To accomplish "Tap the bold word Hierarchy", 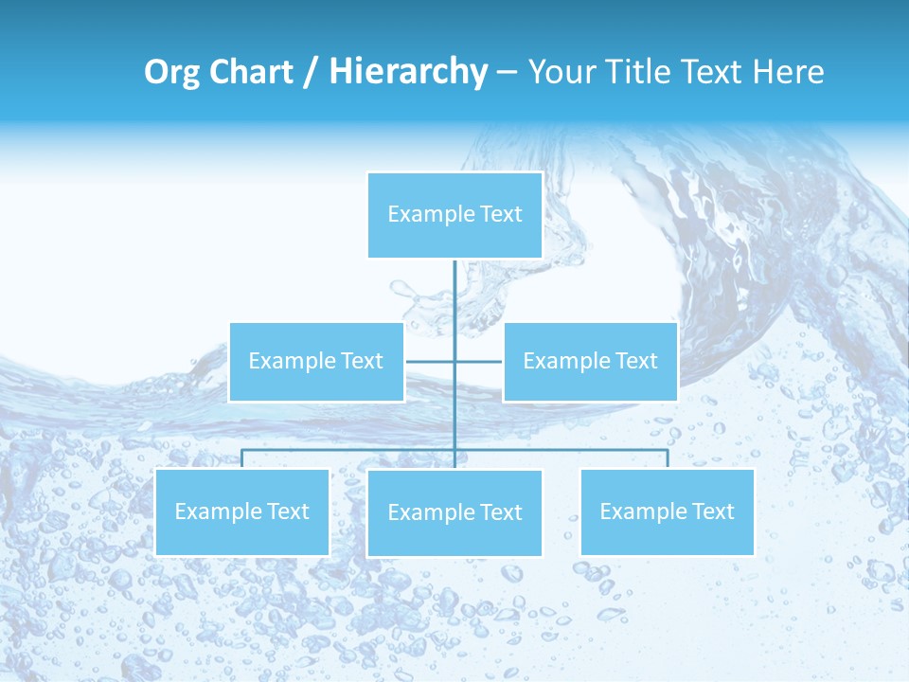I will click(x=408, y=72).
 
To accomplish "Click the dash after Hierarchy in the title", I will click(x=507, y=72).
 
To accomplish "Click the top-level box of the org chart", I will click(x=454, y=215).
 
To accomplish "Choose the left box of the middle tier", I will click(x=316, y=361).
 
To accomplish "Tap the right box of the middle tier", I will click(x=590, y=361).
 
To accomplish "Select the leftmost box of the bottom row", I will click(x=242, y=511).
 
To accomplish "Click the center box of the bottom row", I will click(x=454, y=512).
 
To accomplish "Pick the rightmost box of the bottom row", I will click(x=667, y=511).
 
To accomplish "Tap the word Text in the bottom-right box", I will click(x=711, y=511).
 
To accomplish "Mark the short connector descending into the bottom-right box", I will click(x=668, y=458).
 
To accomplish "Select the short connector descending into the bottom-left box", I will click(x=242, y=458).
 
